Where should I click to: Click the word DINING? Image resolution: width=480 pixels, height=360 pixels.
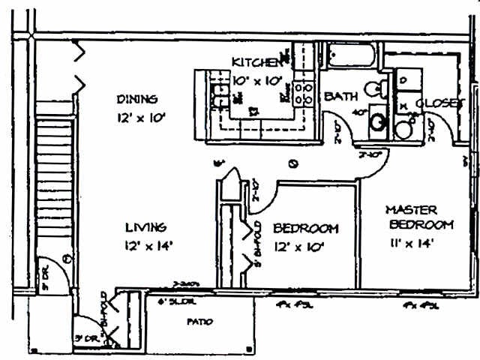[x=136, y=99]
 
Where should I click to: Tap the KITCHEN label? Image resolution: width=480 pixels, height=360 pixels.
[x=257, y=62]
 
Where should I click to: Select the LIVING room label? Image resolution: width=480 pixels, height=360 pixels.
[x=145, y=226]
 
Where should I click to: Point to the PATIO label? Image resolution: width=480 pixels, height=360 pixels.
[x=199, y=322]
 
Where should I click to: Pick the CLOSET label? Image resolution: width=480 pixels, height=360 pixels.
[x=439, y=103]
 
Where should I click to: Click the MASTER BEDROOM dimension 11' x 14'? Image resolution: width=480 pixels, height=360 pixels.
[x=409, y=242]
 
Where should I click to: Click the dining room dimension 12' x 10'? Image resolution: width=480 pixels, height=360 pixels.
[x=140, y=118]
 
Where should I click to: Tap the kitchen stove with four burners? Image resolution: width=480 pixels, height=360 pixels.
[x=304, y=92]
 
